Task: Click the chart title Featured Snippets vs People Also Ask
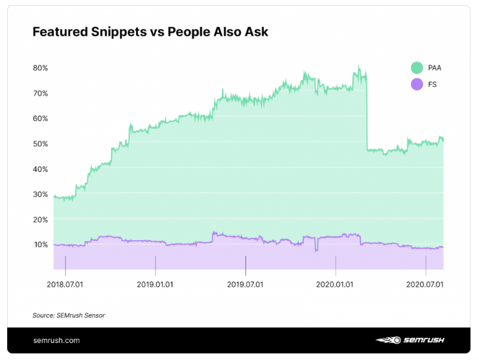coord(151,31)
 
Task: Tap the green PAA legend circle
coord(416,68)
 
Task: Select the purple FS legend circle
coord(416,84)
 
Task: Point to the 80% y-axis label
coord(41,68)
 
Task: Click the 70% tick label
coord(41,94)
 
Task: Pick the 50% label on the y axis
coord(41,144)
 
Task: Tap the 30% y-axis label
coord(41,194)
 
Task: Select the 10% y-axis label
coord(41,245)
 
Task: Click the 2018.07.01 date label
coord(65,284)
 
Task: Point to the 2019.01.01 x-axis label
coord(155,284)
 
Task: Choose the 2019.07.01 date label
coord(245,284)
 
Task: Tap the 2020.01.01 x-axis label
coord(335,284)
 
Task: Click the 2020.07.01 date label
coord(425,284)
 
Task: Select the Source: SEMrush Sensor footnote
coord(69,315)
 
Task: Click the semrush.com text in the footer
coord(56,340)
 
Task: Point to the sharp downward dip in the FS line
coord(316,246)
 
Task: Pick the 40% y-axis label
coord(41,169)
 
